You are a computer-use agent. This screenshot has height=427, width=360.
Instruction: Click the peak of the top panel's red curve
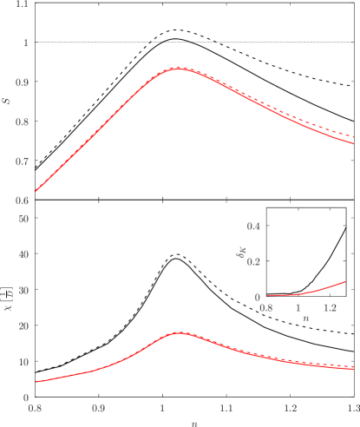tap(178, 68)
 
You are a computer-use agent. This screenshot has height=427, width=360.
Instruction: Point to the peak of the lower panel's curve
tap(178, 332)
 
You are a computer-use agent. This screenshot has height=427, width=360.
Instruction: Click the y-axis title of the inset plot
tap(242, 253)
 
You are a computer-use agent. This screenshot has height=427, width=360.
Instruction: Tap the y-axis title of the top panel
tap(8, 102)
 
